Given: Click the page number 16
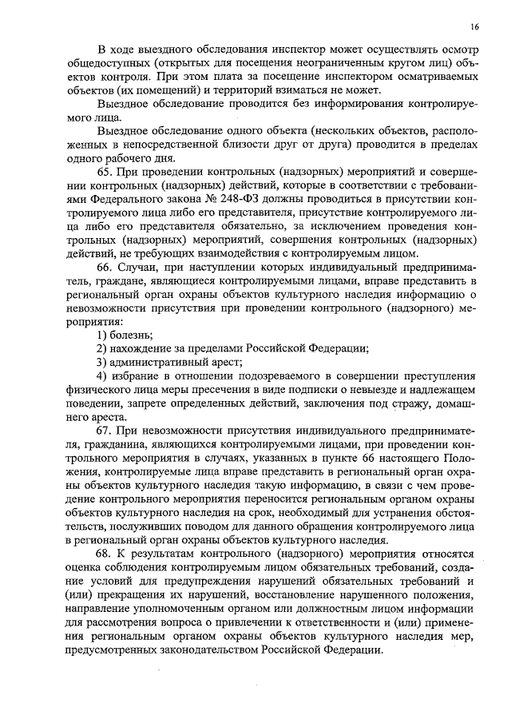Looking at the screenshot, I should [x=475, y=27].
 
